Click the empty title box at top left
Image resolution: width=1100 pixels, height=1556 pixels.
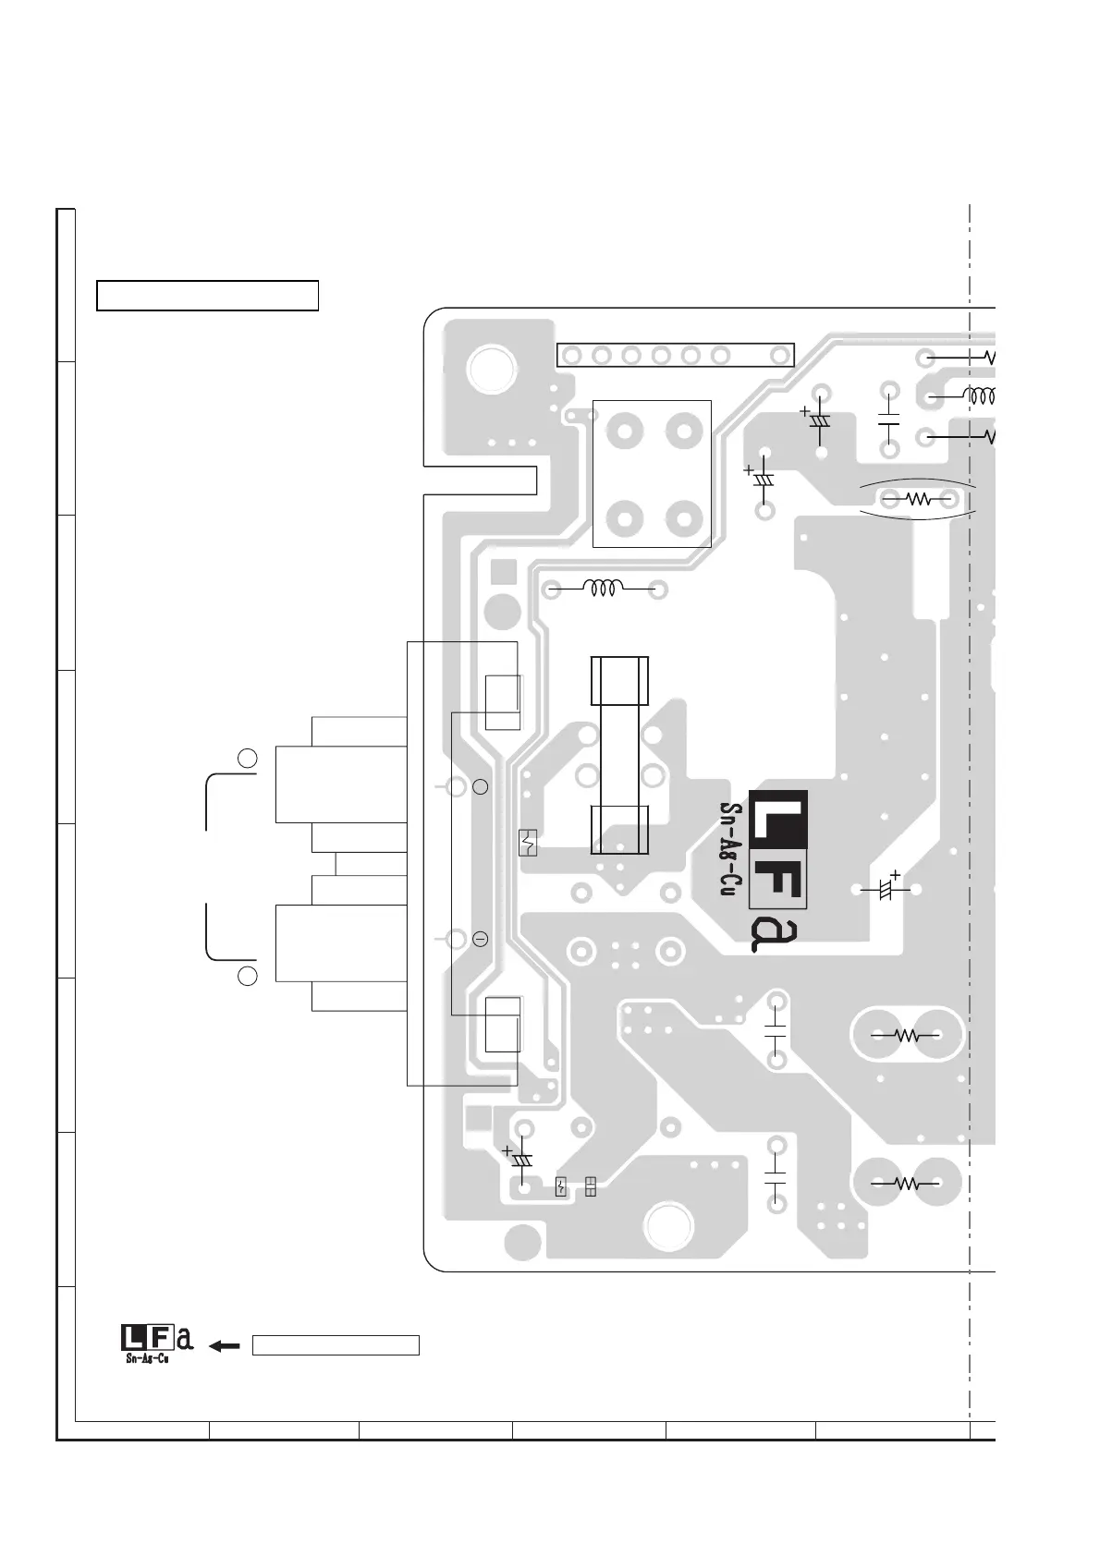click(x=207, y=296)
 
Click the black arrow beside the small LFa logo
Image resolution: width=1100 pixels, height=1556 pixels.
click(x=225, y=1346)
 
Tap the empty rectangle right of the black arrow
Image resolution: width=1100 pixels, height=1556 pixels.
click(x=336, y=1345)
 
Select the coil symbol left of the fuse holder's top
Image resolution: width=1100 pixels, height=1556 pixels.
click(x=604, y=588)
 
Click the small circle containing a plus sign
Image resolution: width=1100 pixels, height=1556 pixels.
click(x=480, y=787)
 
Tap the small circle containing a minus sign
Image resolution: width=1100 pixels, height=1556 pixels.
click(x=480, y=940)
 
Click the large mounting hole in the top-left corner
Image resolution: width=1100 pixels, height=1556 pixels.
click(x=492, y=370)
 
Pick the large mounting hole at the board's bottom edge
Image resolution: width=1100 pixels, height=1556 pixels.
click(x=669, y=1225)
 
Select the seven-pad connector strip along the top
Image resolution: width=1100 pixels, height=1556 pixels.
click(x=676, y=355)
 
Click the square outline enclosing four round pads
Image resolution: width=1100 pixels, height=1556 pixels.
click(x=652, y=473)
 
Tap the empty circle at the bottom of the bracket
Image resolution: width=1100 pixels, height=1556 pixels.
click(x=247, y=977)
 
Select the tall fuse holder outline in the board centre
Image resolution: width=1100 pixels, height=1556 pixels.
click(x=619, y=755)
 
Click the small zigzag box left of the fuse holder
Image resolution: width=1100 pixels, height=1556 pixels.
click(x=528, y=843)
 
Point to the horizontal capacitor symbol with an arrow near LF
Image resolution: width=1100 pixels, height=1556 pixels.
click(x=886, y=889)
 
